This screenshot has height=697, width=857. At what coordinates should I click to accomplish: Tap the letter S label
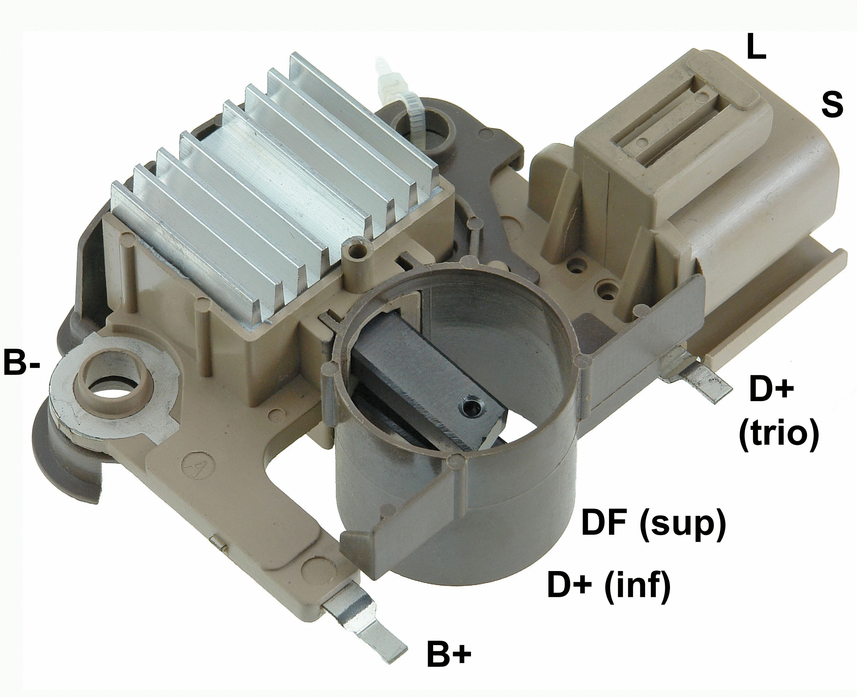coord(832,105)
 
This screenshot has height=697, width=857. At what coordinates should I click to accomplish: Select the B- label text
coord(22,363)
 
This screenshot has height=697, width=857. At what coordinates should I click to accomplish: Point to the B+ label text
coord(448,654)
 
